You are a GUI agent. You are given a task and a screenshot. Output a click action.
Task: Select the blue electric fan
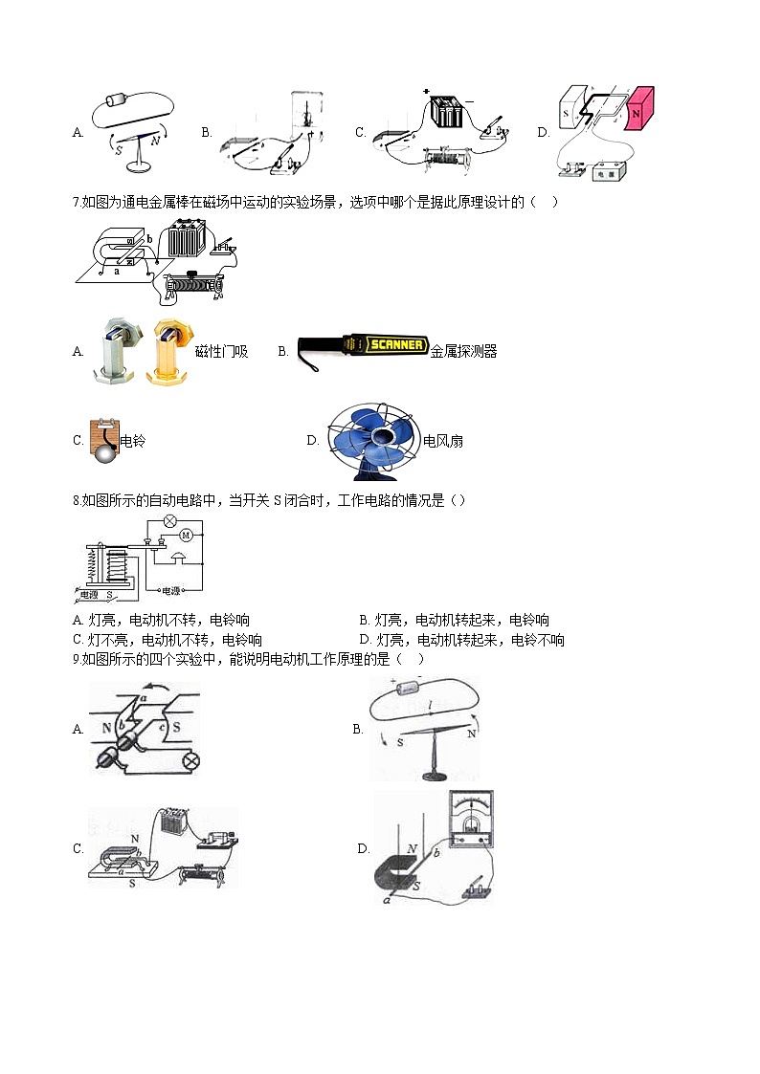pyautogui.click(x=370, y=439)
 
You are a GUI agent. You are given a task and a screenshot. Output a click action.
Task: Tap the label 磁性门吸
pyautogui.click(x=221, y=352)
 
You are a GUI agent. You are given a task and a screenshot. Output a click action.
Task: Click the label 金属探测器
pyautogui.click(x=464, y=351)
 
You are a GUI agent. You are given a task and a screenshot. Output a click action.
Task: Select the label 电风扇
pyautogui.click(x=443, y=441)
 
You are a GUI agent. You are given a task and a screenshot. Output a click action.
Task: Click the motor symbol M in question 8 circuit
pyautogui.click(x=187, y=536)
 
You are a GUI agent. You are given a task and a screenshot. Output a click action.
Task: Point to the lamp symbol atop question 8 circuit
pyautogui.click(x=169, y=521)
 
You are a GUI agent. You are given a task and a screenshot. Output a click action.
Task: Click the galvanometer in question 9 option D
pyautogui.click(x=471, y=819)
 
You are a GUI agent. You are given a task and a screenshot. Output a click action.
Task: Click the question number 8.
pyautogui.click(x=76, y=500)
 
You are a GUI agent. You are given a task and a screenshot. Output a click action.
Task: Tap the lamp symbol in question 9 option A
pyautogui.click(x=190, y=760)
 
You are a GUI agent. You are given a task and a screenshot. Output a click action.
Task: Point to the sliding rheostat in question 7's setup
pyautogui.click(x=194, y=284)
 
